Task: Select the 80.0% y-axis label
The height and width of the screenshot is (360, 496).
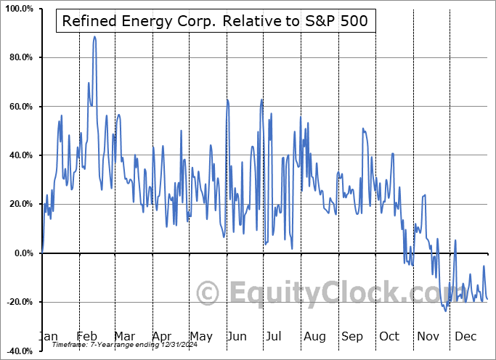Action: (x=19, y=57)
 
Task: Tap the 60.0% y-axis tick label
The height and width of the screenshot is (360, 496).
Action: (x=19, y=107)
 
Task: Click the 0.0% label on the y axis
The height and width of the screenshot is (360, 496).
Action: (x=21, y=253)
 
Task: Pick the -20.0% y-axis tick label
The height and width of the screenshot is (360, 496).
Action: (x=17, y=302)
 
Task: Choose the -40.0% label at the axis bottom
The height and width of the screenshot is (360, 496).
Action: (x=17, y=351)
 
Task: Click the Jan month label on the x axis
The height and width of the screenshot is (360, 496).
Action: (x=47, y=336)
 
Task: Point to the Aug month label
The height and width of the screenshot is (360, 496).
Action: (x=314, y=336)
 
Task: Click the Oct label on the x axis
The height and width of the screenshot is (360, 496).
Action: (x=390, y=336)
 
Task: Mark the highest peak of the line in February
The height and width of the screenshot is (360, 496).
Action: (x=94, y=36)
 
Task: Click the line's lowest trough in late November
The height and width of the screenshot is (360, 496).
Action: (x=445, y=311)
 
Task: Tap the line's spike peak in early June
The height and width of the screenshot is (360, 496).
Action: (x=227, y=99)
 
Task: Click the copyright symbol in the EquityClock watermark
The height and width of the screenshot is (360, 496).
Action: (x=208, y=292)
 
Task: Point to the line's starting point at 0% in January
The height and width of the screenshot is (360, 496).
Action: (x=41, y=253)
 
